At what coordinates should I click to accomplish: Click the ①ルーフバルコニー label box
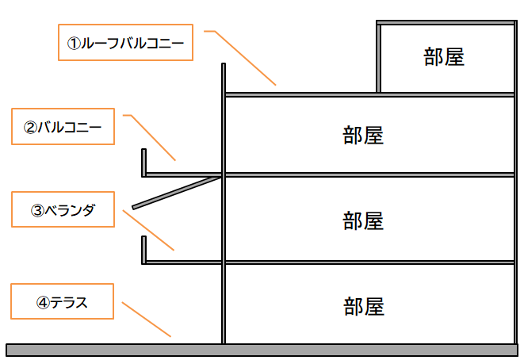(125, 43)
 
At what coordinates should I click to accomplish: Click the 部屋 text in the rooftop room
(443, 57)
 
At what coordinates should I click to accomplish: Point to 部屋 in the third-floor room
(364, 136)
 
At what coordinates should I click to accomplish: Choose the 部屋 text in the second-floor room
(364, 220)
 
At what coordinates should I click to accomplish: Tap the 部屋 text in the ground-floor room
(364, 305)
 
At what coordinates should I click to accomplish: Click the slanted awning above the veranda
(177, 193)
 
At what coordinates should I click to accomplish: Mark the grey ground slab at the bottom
(262, 350)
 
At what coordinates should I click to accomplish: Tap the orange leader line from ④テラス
(146, 319)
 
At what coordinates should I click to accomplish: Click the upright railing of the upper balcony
(144, 161)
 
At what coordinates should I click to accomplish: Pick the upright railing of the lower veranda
(144, 248)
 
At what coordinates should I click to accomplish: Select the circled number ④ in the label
(44, 302)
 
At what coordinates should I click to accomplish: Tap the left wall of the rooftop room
(379, 58)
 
